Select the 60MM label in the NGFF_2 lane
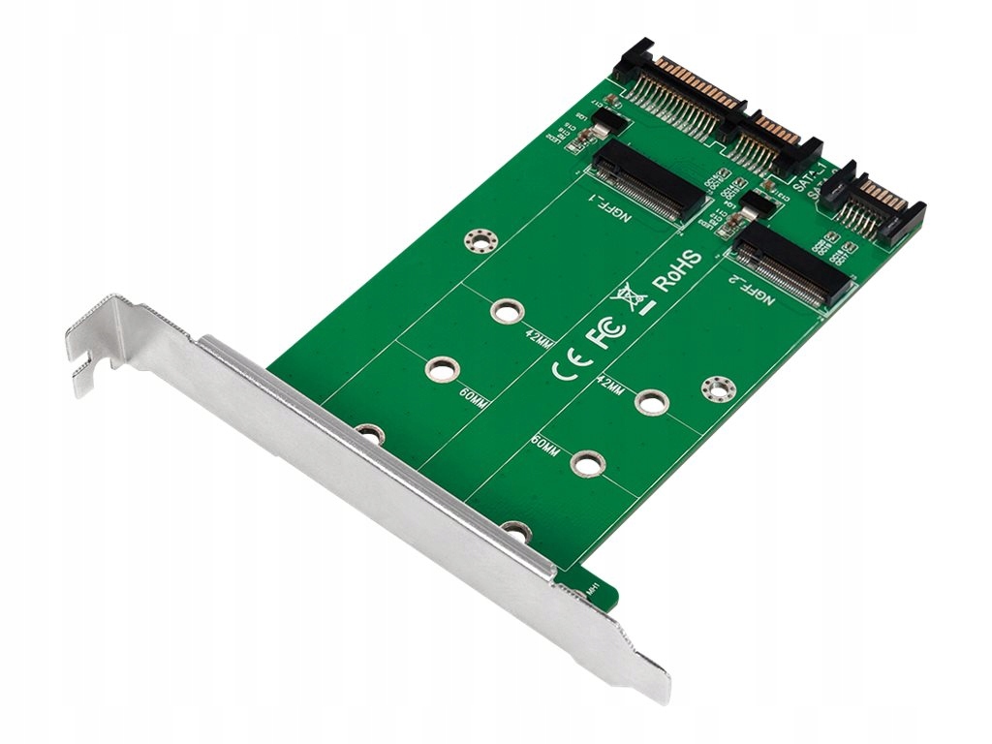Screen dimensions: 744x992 click(545, 447)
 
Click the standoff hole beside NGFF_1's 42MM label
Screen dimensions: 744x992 click(504, 312)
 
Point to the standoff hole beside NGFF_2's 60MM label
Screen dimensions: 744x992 click(584, 463)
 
